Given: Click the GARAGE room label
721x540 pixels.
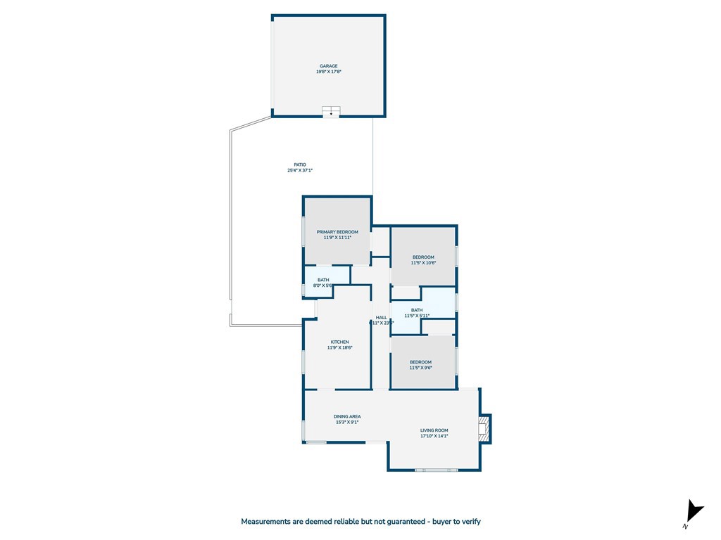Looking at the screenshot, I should tap(329, 66).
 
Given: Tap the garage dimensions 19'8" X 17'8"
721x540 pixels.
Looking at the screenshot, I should tap(329, 72).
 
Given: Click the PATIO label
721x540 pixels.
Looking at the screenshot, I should tap(300, 165).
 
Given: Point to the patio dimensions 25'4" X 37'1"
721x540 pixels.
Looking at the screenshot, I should tap(300, 170).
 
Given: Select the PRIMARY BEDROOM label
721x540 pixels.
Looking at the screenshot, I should tap(337, 232).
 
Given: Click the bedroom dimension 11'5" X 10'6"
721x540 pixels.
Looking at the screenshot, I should tap(424, 263).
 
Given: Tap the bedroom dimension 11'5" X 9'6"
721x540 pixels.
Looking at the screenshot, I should tap(421, 368).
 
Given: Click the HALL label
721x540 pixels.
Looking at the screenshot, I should tap(381, 317).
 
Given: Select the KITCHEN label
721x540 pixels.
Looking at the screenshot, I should tap(340, 342).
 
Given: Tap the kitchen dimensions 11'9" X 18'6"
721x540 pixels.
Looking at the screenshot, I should tap(340, 347).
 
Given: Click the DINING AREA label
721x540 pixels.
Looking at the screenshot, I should tap(347, 416).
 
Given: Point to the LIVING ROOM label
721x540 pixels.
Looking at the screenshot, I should tap(434, 430).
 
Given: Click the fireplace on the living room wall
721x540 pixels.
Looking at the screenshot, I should tap(484, 429).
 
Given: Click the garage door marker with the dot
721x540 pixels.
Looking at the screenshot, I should tap(331, 112).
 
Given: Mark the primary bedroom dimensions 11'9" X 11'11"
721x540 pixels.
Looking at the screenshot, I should tap(337, 238).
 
